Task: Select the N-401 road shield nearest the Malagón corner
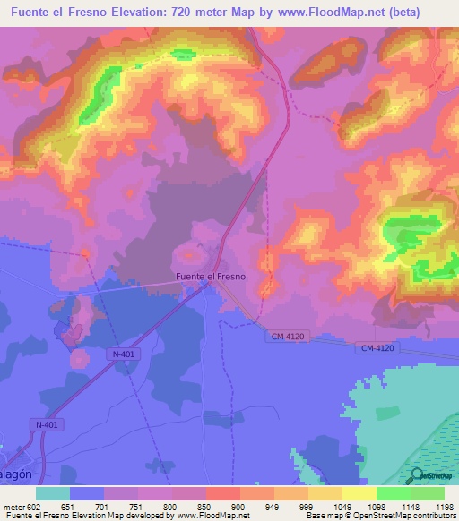point(46,424)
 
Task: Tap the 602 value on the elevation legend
point(33,507)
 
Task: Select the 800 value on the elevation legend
point(171,507)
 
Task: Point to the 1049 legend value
point(342,507)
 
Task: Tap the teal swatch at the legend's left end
point(53,493)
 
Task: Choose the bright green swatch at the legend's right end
point(428,493)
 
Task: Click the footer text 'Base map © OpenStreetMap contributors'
point(379,516)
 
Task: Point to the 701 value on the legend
point(103,507)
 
